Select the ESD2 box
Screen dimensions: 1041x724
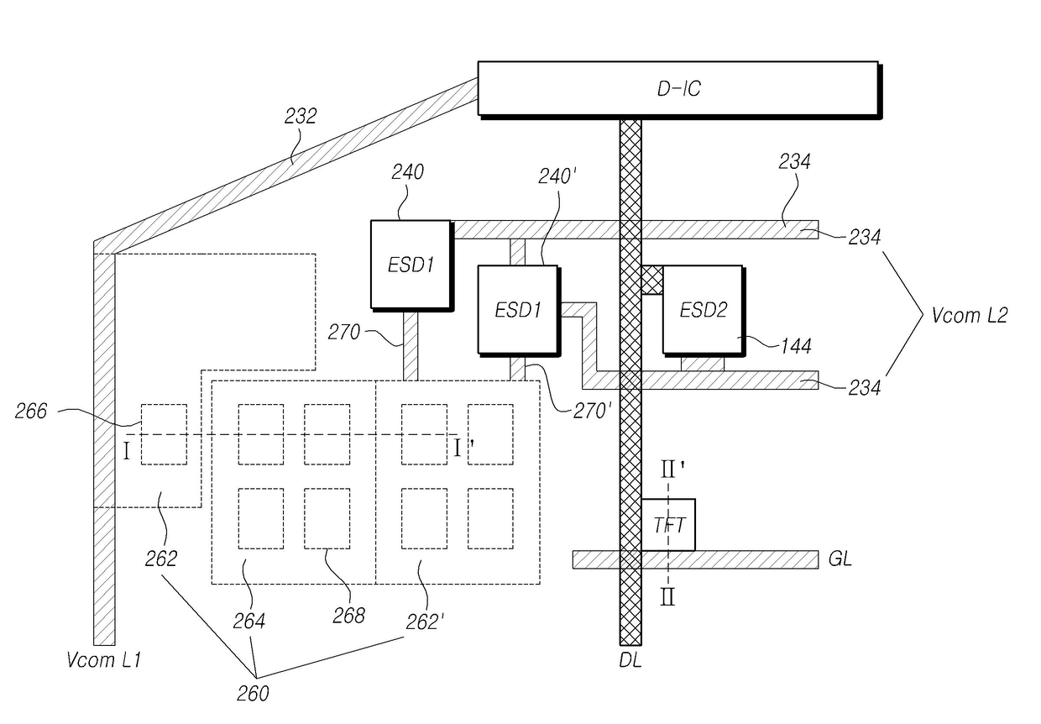click(x=704, y=311)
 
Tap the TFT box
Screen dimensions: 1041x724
click(x=668, y=525)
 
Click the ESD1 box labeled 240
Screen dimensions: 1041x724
click(x=411, y=265)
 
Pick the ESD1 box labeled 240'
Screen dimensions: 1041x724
click(x=519, y=311)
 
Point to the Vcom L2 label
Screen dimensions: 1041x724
click(x=970, y=316)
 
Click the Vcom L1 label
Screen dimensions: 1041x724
click(x=103, y=660)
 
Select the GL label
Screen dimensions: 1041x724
click(x=840, y=559)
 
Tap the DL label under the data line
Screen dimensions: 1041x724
click(x=630, y=661)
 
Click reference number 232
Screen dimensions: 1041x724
click(x=301, y=116)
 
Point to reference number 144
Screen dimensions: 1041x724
click(x=796, y=346)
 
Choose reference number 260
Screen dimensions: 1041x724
click(x=253, y=694)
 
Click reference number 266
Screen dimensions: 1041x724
click(x=31, y=411)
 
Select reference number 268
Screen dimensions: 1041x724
click(x=348, y=616)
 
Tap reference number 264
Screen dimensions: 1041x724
click(x=249, y=622)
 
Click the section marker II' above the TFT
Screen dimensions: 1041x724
click(x=672, y=470)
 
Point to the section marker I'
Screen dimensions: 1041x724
click(x=463, y=448)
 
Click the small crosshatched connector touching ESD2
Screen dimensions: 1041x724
click(x=652, y=280)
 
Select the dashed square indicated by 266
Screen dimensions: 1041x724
click(x=164, y=434)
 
